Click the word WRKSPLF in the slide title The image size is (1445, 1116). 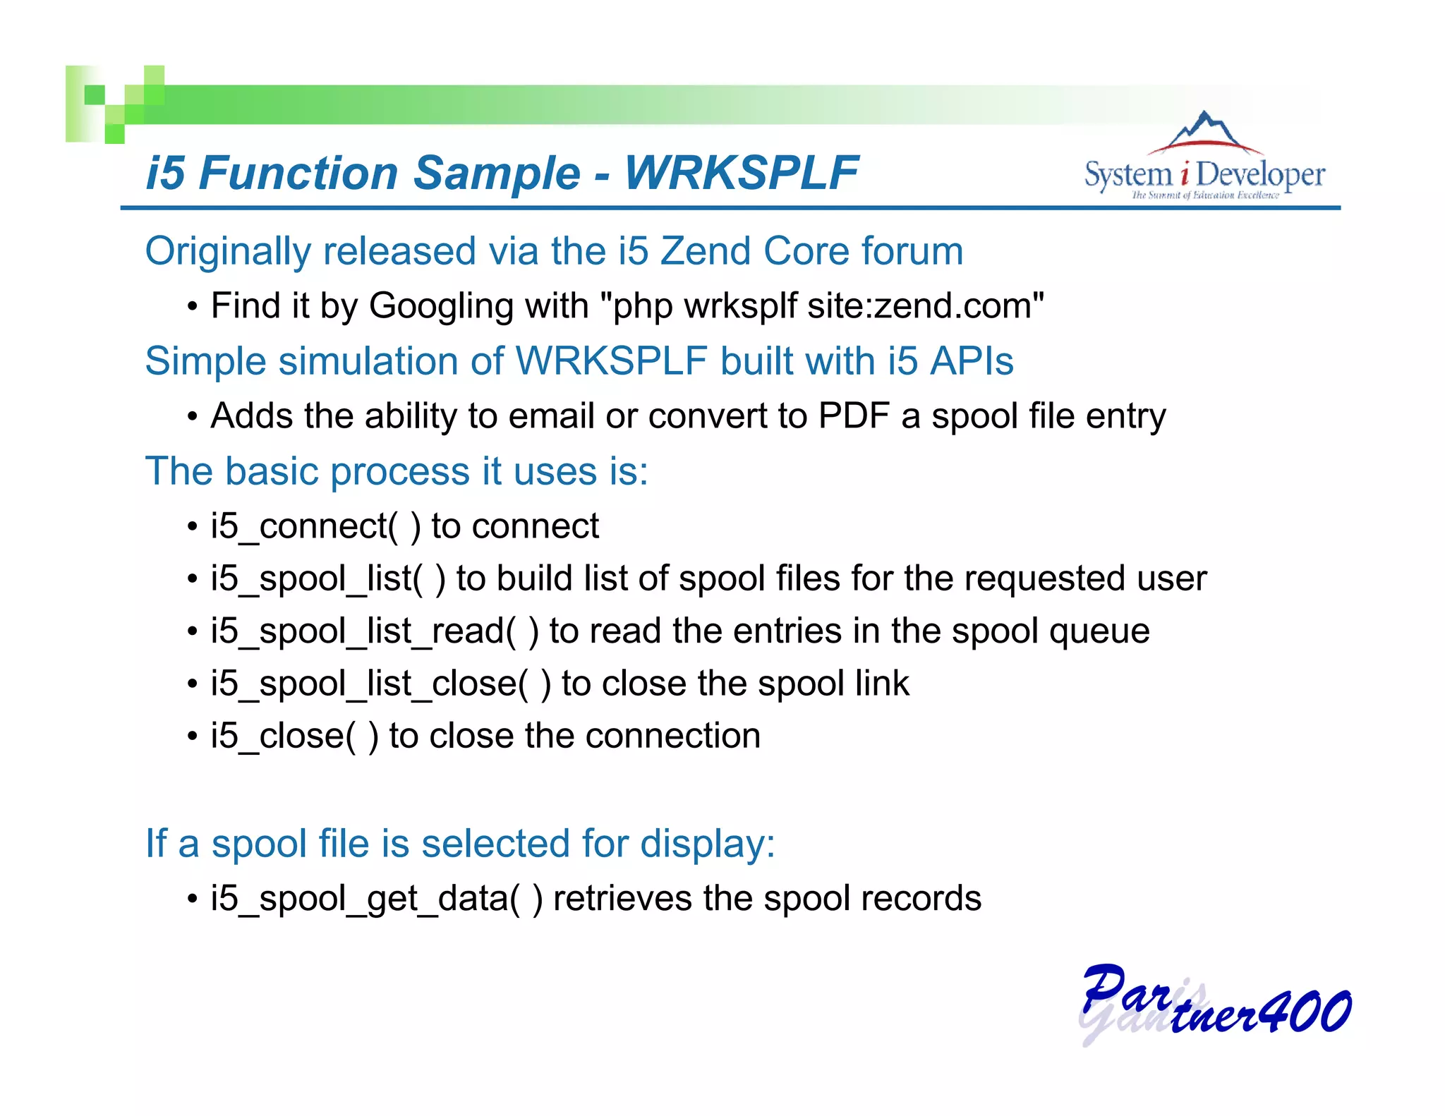[x=742, y=173]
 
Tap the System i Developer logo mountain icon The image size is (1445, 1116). [x=1205, y=132]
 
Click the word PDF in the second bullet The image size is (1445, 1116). [x=853, y=416]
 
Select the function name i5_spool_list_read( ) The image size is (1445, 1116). [x=374, y=631]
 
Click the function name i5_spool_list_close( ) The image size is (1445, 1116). [x=380, y=684]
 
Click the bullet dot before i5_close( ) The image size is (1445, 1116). [x=193, y=737]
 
